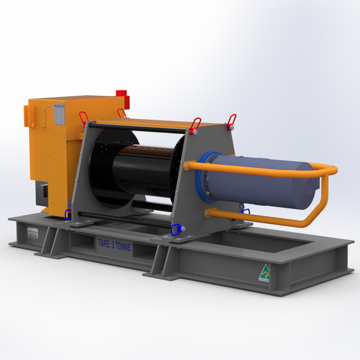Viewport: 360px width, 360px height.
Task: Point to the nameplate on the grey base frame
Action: pyautogui.click(x=33, y=232)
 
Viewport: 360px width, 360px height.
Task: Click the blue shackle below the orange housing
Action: pyautogui.click(x=68, y=214)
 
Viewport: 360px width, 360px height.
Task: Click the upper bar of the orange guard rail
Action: pyautogui.click(x=261, y=168)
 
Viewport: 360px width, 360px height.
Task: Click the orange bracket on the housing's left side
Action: pyautogui.click(x=27, y=114)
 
